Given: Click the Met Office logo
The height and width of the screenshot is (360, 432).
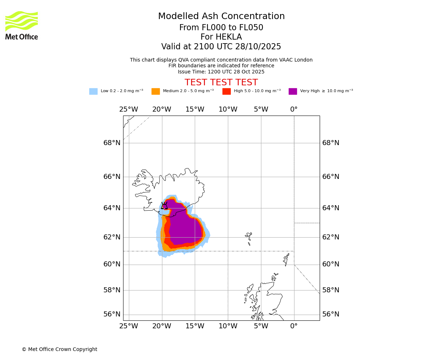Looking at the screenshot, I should pos(22,25).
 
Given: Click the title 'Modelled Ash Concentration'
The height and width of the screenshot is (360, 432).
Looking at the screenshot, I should pos(221,17).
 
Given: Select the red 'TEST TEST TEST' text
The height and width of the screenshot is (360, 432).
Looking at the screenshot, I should pos(221,82).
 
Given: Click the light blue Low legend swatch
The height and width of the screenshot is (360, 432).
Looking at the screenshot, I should pos(93,91).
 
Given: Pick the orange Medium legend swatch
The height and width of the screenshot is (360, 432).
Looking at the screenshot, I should pos(156,91).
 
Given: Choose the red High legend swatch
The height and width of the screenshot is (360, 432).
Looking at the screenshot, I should pos(226,91).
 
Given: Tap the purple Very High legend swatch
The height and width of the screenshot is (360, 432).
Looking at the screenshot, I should pos(293,91).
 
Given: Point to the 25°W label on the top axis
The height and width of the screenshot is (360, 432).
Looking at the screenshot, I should pos(129,109).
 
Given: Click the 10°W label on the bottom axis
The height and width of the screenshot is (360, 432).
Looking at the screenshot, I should pos(228,327).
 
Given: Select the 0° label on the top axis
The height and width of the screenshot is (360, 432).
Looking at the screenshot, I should pos(294,109).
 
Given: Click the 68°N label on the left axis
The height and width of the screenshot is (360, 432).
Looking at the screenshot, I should pos(112,143).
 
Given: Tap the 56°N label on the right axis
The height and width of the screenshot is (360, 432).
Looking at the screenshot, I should pos(330,314).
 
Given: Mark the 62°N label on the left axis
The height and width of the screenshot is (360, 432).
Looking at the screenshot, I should pos(112,237).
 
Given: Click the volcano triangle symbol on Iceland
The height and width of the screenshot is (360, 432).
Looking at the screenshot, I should pos(164,206).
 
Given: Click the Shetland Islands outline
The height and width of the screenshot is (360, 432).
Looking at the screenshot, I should pos(287,258).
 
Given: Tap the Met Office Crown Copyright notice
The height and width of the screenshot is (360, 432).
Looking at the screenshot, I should pos(59,350).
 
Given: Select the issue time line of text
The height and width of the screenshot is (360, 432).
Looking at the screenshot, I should pos(221,72).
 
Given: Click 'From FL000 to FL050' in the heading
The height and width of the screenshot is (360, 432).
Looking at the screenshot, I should pos(221,28).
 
